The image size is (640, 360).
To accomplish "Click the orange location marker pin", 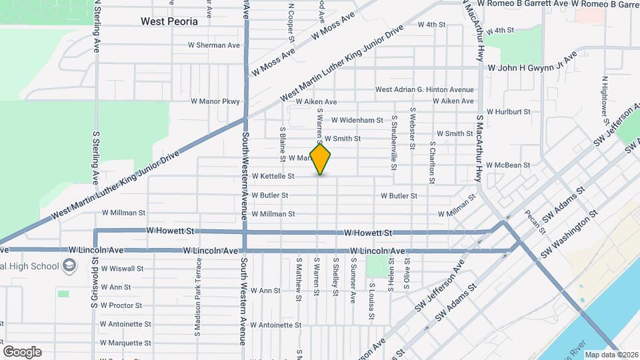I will click(x=321, y=159).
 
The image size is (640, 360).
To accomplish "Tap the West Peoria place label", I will click(x=169, y=21).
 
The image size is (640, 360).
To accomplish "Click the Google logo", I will click(x=22, y=351).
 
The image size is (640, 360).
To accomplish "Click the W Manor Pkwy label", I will click(x=215, y=101).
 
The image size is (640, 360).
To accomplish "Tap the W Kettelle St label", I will click(x=273, y=177).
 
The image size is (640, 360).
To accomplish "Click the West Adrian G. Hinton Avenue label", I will click(x=424, y=89).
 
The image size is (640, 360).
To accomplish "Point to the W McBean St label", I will click(x=508, y=165).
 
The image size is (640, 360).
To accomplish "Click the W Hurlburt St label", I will click(x=508, y=112).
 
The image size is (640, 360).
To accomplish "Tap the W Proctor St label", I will click(x=121, y=306).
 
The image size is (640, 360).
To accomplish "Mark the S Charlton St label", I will click(x=432, y=162).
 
